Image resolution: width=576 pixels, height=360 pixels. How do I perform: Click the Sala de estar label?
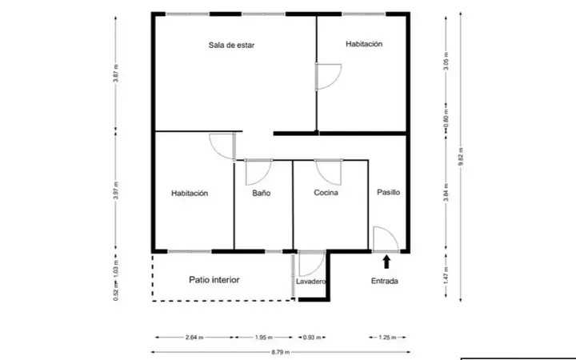point(231,45)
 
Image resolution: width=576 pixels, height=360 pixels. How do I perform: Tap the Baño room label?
point(261,194)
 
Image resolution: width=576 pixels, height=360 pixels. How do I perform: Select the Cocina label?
point(326,193)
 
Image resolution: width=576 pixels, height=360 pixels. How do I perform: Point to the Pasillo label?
point(388,192)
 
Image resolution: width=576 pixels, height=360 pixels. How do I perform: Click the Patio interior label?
point(214,280)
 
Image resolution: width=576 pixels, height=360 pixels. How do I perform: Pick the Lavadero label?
point(310,282)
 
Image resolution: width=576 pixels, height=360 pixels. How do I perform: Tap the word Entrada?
point(385,281)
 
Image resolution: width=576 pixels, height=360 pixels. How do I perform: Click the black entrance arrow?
point(386,262)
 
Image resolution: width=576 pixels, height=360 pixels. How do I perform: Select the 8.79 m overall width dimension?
point(281,352)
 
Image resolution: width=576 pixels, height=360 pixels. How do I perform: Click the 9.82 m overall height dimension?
point(461,157)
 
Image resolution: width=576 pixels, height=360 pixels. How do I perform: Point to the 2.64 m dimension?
point(194,338)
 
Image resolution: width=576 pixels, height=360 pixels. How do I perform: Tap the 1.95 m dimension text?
point(264,338)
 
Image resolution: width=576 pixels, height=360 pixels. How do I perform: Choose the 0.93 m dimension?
point(312,338)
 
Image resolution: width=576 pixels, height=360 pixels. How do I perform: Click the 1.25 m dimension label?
point(387,338)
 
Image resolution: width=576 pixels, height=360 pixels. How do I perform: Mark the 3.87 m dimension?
point(116,74)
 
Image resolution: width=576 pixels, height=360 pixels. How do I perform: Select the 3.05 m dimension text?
point(446,61)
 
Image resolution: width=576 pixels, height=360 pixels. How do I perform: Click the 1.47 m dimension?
point(446,274)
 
